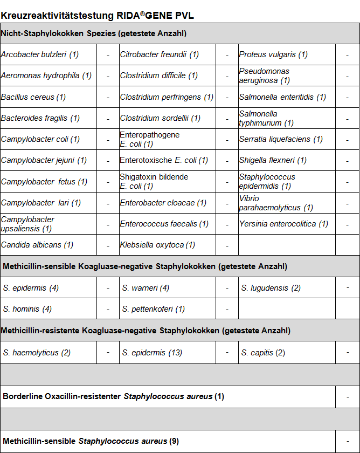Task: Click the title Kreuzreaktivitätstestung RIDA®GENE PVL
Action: coord(98,15)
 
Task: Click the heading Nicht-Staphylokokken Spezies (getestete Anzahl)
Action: coord(94,33)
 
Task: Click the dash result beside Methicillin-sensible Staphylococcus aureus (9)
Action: coord(348,441)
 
